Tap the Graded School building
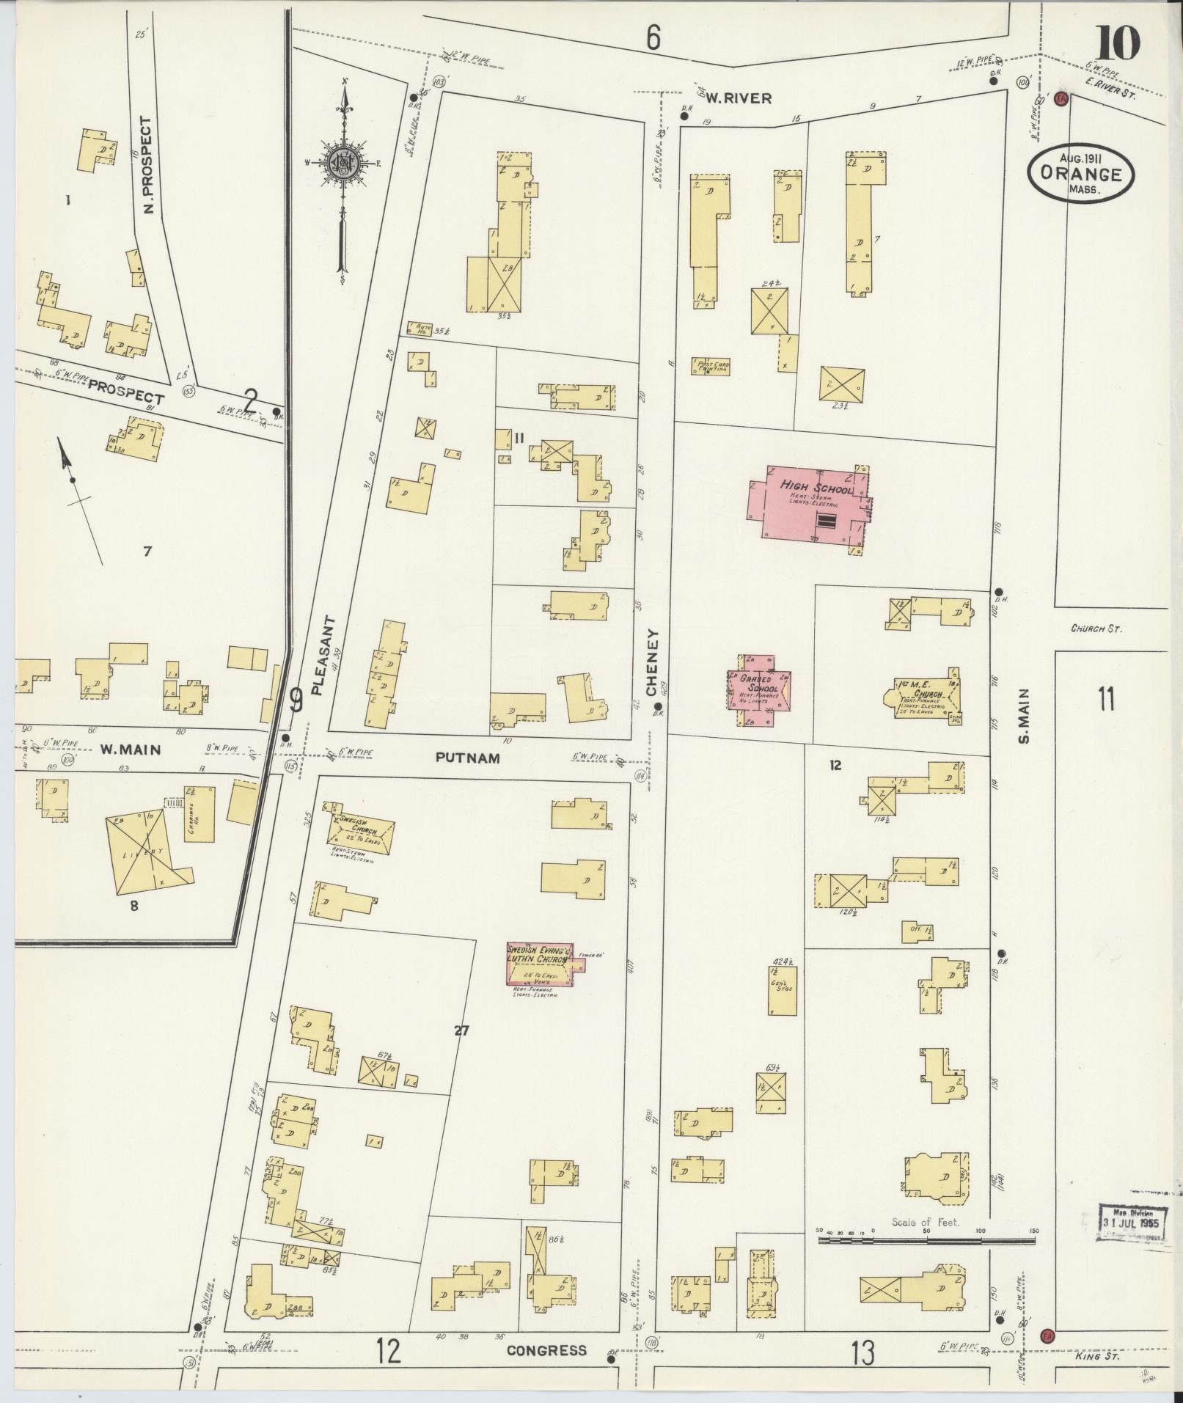coord(759,689)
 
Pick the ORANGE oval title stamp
coord(1080,174)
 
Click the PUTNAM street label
coord(467,758)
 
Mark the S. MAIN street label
coord(1023,715)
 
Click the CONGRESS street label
coord(546,1350)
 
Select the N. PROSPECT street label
coord(147,165)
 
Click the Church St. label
coord(1096,628)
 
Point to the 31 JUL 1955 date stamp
coord(1129,1223)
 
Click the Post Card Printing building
coord(710,365)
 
